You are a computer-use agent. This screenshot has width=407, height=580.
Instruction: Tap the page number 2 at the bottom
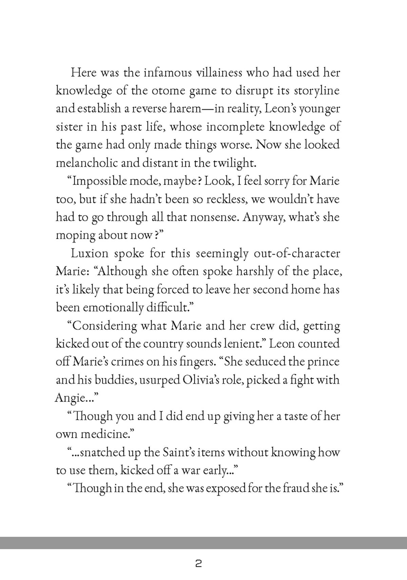point(199,564)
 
